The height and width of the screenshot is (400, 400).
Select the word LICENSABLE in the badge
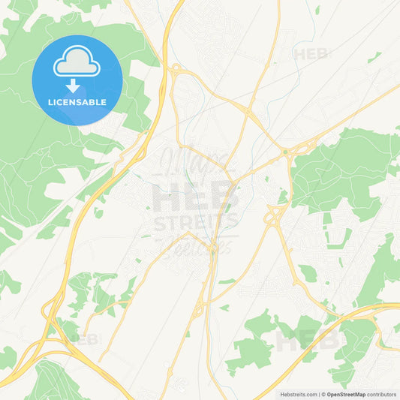77,102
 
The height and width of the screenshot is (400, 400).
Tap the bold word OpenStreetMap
346,394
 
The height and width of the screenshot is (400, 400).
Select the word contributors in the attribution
381,394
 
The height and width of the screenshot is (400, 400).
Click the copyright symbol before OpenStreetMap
323,394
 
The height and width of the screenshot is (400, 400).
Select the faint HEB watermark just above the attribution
308,341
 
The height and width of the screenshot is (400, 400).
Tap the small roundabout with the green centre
285,152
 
